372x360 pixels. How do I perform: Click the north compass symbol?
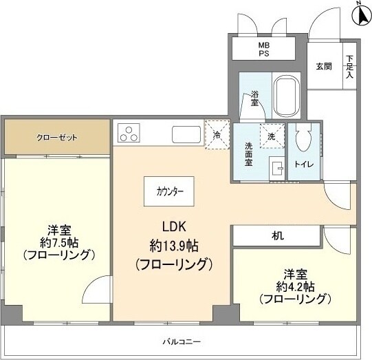360,12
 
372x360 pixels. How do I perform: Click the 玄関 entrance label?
324,67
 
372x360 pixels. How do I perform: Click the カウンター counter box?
169,191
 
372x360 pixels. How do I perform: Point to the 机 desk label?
277,235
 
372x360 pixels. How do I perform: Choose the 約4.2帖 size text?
295,286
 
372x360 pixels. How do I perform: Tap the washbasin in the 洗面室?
277,168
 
